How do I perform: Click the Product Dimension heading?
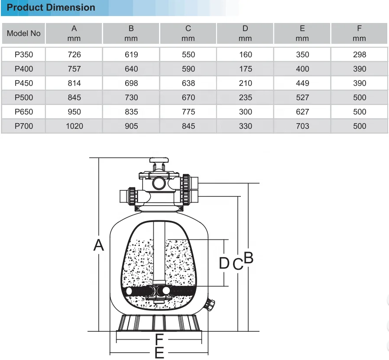51,7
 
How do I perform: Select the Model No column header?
24,33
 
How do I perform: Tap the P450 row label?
24,83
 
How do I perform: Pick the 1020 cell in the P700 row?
74,126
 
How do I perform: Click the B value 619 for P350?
131,55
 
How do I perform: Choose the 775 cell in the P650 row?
188,112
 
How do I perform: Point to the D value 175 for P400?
245,69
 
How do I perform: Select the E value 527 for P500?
302,98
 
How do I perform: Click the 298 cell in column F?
359,55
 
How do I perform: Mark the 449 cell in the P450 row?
302,83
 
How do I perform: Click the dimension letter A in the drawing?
99,245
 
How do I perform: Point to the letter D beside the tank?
224,263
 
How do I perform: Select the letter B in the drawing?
248,258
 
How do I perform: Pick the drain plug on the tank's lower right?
211,304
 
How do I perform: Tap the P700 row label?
24,126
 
